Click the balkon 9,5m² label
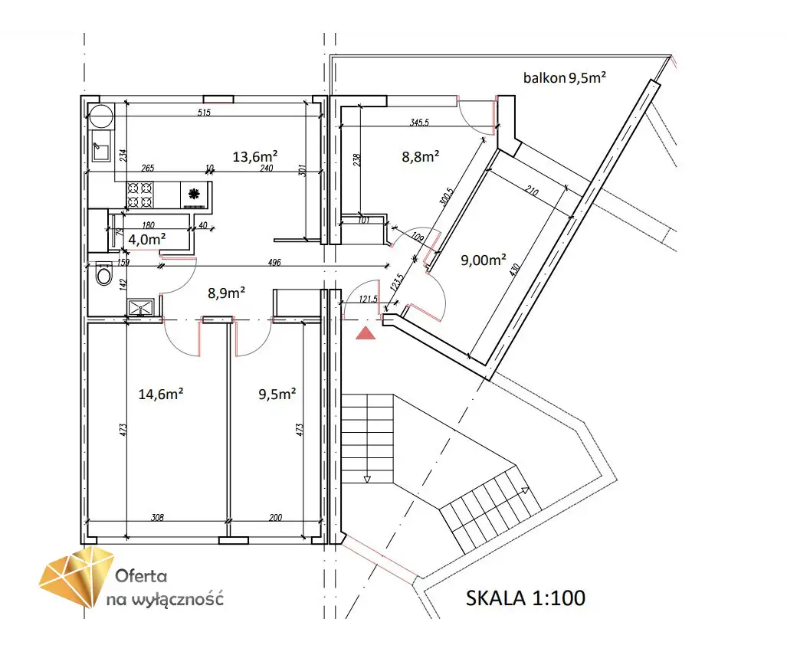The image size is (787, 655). (565, 78)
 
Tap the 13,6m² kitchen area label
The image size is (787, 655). (255, 156)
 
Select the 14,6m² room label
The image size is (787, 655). (161, 394)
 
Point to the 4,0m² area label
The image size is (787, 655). (147, 240)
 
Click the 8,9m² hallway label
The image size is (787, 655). (226, 293)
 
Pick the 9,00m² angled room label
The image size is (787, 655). (484, 260)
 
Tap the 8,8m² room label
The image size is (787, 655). (421, 156)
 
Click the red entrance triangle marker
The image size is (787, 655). (366, 332)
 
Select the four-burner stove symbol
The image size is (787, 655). (139, 195)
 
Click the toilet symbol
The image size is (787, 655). (104, 273)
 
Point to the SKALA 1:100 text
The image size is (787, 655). (526, 598)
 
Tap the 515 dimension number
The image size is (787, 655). (204, 113)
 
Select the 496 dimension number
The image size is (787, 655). (274, 262)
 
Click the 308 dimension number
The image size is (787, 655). (157, 517)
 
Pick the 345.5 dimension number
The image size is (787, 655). (420, 122)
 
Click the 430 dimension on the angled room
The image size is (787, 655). (514, 270)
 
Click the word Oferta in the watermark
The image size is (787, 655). (141, 575)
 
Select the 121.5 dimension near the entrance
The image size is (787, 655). (368, 299)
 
